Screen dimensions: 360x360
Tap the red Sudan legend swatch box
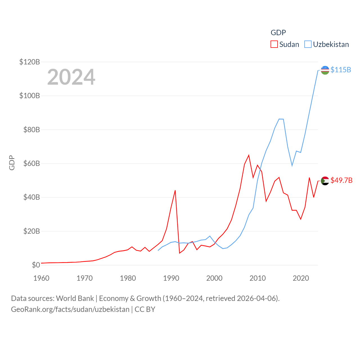point(274,44)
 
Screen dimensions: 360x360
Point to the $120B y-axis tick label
point(30,62)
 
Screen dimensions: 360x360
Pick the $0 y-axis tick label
point(36,265)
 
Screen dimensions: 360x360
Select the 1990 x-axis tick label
point(171,278)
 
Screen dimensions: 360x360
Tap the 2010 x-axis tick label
point(258,278)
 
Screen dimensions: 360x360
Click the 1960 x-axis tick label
point(41,278)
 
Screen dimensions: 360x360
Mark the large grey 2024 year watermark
point(71,77)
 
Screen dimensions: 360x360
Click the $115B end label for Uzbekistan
point(341,70)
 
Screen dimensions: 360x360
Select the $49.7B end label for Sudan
point(341,180)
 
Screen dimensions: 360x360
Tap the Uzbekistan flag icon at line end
point(325,70)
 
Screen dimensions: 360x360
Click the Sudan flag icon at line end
point(325,181)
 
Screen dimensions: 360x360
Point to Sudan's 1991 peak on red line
point(175,190)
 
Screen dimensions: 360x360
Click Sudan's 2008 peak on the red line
point(249,155)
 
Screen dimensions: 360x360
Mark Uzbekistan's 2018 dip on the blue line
point(292,165)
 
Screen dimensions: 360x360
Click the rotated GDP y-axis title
point(12,163)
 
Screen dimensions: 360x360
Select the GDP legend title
point(278,33)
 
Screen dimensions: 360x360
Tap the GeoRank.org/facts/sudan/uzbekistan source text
point(70,309)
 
